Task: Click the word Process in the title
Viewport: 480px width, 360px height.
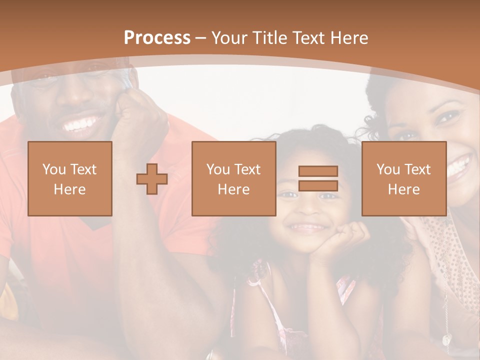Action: [157, 38]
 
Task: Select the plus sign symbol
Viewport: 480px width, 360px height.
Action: [152, 179]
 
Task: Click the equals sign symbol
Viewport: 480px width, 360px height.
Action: [318, 178]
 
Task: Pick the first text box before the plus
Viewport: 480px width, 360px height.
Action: [70, 178]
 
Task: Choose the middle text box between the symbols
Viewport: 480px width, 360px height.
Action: [234, 178]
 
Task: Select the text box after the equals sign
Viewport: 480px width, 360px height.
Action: [404, 178]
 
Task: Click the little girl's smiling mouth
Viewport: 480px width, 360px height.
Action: [307, 228]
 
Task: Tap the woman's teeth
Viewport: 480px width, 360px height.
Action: [459, 166]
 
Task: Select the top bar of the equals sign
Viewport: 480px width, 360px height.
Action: [318, 171]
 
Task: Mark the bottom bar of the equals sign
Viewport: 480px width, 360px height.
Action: [318, 186]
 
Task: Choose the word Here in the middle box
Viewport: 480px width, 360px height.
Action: [234, 189]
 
